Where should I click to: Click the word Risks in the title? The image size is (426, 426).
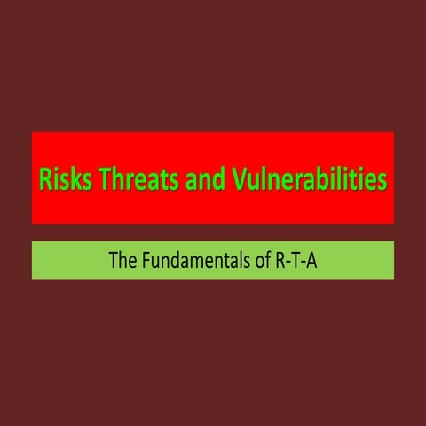tap(62, 179)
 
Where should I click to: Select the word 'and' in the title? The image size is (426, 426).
tap(209, 179)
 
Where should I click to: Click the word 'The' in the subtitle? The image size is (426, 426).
tap(122, 262)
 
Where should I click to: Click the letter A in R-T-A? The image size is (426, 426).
tap(312, 262)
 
